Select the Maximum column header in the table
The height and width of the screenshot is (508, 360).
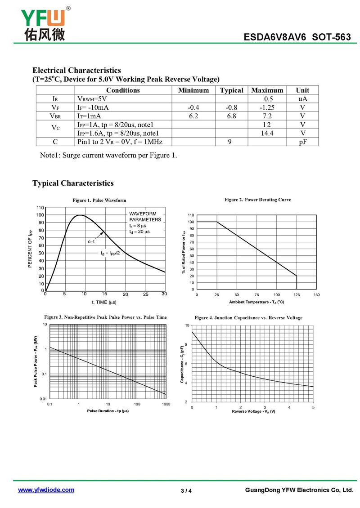pyautogui.click(x=267, y=90)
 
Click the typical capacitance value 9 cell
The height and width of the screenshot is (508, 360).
pyautogui.click(x=231, y=142)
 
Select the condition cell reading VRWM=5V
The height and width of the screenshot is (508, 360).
pyautogui.click(x=92, y=99)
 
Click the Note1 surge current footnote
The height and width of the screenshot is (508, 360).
pyautogui.click(x=108, y=156)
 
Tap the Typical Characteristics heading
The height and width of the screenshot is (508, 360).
pyautogui.click(x=73, y=183)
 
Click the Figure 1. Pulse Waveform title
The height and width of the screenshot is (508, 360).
pyautogui.click(x=99, y=200)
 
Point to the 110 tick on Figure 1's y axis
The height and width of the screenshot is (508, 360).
pyautogui.click(x=40, y=208)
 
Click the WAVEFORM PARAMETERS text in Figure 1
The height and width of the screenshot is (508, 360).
pyautogui.click(x=143, y=216)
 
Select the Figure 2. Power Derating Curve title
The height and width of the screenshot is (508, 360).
pyautogui.click(x=257, y=200)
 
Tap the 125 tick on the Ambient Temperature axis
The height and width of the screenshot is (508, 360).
pyautogui.click(x=297, y=294)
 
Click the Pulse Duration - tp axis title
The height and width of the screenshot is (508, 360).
pyautogui.click(x=108, y=411)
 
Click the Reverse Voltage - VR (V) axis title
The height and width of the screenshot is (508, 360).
pyautogui.click(x=253, y=412)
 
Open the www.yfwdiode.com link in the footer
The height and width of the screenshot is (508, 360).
pyautogui.click(x=46, y=490)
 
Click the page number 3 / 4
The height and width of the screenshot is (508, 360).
pyautogui.click(x=186, y=490)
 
